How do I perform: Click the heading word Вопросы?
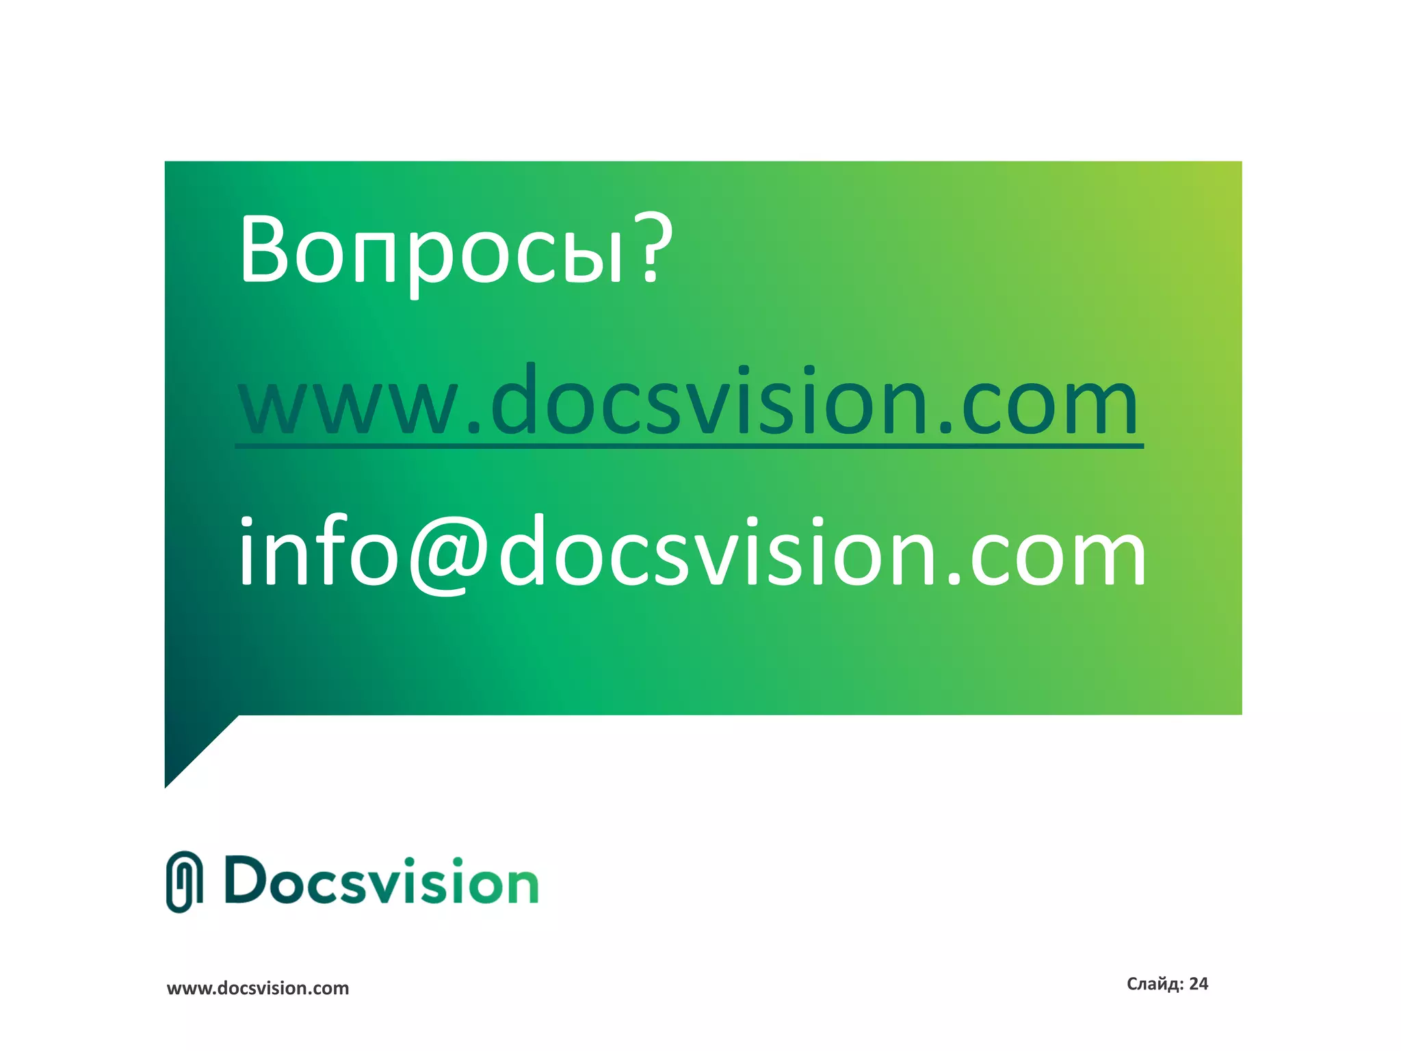[431, 249]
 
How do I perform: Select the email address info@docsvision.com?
[691, 553]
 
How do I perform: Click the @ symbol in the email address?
[448, 553]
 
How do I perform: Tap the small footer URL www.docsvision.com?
[258, 988]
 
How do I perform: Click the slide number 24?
[1199, 984]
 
